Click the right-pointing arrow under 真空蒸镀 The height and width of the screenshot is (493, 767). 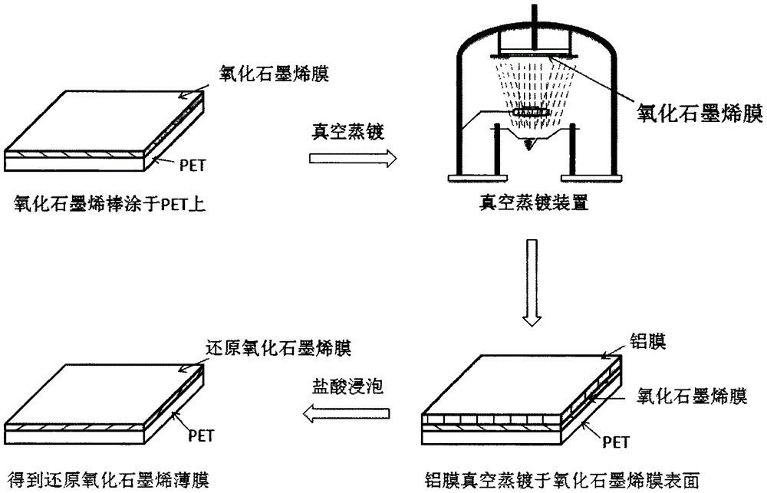[353, 159]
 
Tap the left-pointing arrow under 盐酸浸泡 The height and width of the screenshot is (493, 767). [347, 416]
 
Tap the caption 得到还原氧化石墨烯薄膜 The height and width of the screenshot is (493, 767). [107, 478]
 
